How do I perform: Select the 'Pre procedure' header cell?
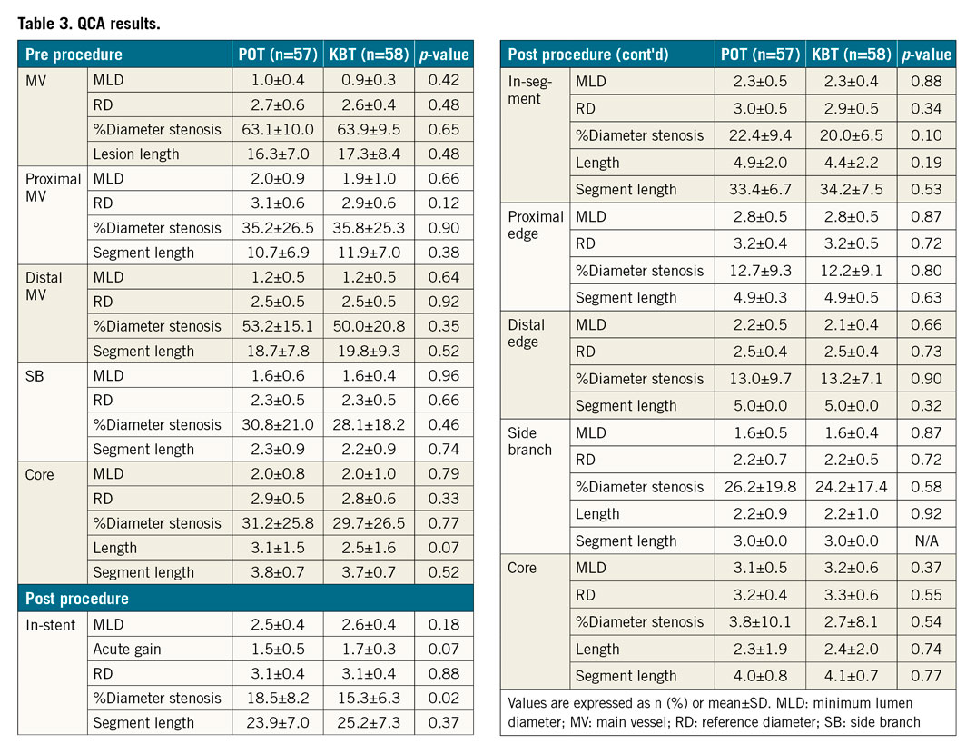click(74, 55)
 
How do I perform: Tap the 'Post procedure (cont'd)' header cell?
click(587, 55)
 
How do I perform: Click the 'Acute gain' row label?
click(127, 649)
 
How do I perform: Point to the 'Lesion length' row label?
click(137, 154)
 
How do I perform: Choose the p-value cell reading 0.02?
click(443, 698)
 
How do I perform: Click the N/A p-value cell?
click(926, 541)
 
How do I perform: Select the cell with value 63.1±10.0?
click(277, 129)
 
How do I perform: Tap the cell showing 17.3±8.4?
click(368, 154)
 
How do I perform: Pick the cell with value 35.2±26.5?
click(277, 228)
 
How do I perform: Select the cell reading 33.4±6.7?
click(759, 189)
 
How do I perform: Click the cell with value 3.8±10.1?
click(759, 621)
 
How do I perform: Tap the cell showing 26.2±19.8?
click(759, 487)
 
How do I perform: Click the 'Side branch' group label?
click(530, 441)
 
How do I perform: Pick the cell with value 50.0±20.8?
click(368, 326)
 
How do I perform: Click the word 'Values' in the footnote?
click(530, 702)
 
